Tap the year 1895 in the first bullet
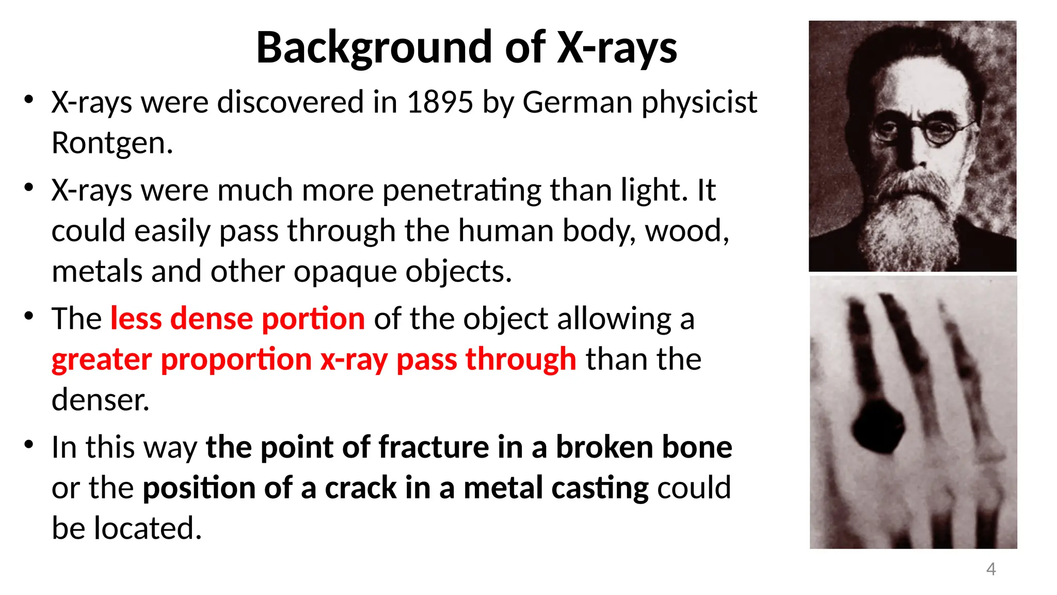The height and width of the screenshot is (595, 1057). tap(440, 102)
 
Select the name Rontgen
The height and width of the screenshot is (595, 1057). tap(111, 143)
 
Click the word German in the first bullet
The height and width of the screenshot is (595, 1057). tap(577, 102)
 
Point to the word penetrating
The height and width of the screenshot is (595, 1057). tap(461, 191)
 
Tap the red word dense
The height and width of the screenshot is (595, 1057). tap(211, 319)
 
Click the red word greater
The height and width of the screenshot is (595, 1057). tap(102, 359)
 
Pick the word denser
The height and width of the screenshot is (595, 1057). tap(100, 400)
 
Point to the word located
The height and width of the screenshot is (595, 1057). tap(148, 528)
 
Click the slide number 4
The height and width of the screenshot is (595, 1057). tap(990, 569)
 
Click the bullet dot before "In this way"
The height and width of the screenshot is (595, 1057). tap(29, 444)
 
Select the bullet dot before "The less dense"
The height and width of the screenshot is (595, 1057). tap(29, 316)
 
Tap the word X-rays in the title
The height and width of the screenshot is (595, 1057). tap(616, 48)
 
